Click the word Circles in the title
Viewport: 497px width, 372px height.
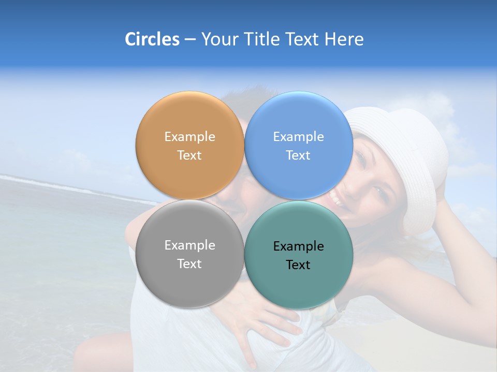pos(152,39)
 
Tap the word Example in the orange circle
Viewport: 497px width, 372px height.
pos(189,137)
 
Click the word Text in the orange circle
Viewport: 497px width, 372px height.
pos(189,156)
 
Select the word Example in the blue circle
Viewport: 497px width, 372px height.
pos(299,137)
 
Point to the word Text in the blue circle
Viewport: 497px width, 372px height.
pos(299,156)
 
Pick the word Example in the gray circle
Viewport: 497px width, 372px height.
pos(189,245)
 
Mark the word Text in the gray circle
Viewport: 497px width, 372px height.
pos(189,264)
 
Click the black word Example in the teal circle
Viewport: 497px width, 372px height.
pos(299,246)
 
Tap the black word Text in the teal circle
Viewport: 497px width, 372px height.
pos(299,265)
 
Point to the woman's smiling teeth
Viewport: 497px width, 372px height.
pos(336,197)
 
